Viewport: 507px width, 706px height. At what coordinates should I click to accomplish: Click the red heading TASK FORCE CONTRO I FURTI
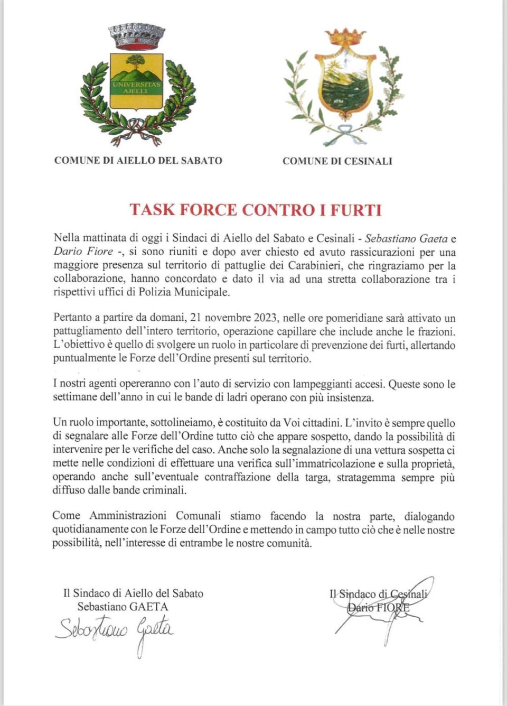[x=256, y=210]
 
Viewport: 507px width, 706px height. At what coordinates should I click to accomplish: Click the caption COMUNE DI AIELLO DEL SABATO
[x=138, y=161]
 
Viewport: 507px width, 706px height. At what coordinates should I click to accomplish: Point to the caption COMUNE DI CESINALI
[x=337, y=161]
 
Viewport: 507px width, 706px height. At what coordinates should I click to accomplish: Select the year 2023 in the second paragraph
[x=266, y=318]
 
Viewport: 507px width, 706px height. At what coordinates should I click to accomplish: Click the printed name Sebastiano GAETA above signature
[x=123, y=607]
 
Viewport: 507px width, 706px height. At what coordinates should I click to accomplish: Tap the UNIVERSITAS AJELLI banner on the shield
[x=136, y=88]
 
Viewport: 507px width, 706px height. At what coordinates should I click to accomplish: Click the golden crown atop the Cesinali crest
[x=345, y=38]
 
